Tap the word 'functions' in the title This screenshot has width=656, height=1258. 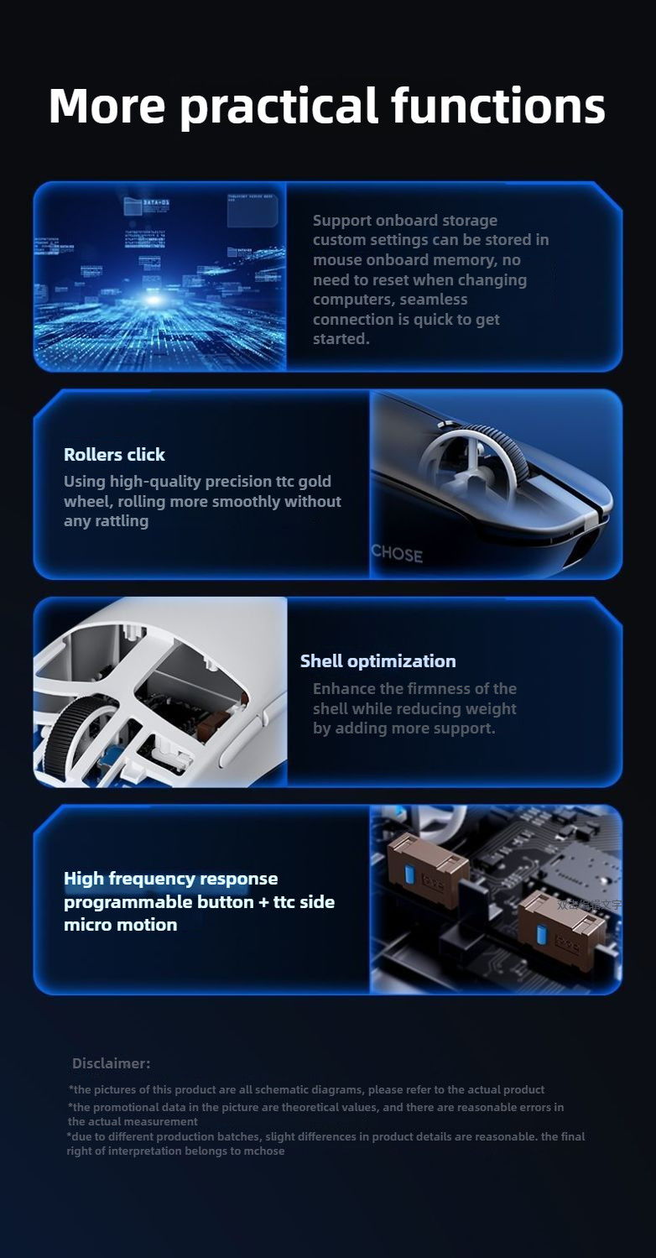497,106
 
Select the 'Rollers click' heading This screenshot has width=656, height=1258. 114,455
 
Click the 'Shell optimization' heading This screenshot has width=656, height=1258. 377,661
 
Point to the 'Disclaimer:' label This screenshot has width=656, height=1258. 111,1063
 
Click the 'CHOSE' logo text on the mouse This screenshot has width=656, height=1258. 397,553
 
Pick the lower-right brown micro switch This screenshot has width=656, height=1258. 561,928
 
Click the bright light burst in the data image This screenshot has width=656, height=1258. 153,300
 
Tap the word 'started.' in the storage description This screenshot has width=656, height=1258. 341,339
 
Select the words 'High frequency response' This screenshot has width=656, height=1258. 170,879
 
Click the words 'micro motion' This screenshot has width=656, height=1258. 120,925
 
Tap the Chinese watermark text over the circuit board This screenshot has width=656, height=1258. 589,905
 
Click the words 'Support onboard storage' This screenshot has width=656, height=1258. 404,220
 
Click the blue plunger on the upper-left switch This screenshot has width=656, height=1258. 409,874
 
